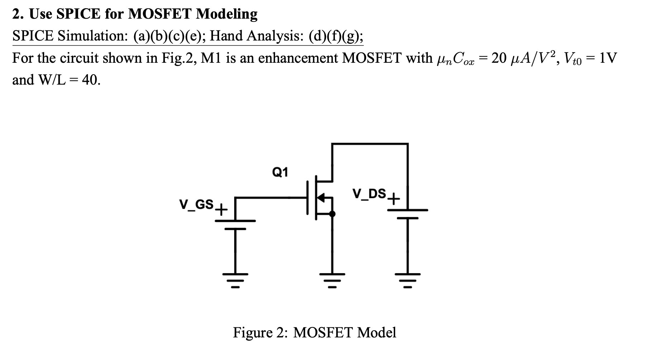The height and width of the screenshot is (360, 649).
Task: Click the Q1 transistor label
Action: [280, 172]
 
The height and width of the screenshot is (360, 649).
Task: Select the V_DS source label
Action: [369, 194]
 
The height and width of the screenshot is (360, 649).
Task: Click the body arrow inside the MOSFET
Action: [322, 197]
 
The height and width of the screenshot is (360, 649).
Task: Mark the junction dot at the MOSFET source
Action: [332, 214]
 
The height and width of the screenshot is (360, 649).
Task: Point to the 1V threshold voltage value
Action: [607, 58]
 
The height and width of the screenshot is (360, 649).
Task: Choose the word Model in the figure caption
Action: [377, 332]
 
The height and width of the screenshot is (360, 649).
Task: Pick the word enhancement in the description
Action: [298, 58]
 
